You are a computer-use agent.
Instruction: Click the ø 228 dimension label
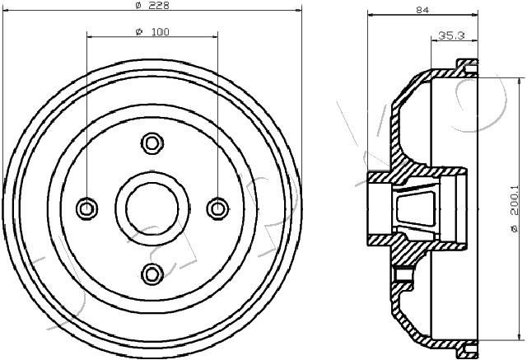point(152,5)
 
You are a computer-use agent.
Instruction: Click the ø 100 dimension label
point(152,32)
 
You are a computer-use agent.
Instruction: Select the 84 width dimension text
point(422,10)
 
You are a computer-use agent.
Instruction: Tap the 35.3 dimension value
point(451,35)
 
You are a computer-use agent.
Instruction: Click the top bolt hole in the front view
point(152,143)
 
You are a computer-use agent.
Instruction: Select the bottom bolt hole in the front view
point(152,274)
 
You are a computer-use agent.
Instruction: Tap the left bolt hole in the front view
point(87,208)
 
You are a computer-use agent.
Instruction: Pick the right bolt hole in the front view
point(217,208)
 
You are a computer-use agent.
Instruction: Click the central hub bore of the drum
point(152,208)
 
